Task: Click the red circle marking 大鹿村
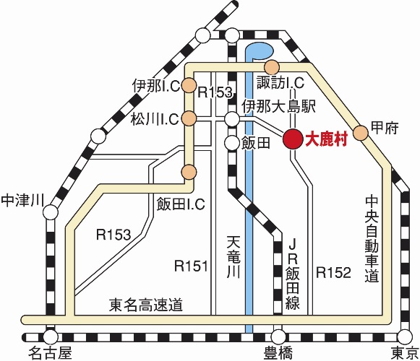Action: click(293, 139)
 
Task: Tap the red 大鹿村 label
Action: click(327, 139)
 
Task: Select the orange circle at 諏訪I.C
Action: click(272, 67)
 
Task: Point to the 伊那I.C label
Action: click(156, 86)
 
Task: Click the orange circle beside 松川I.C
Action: click(189, 118)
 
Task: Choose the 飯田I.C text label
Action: click(181, 204)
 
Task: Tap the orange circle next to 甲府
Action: click(361, 133)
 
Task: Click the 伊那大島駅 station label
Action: click(279, 107)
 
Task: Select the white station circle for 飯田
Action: click(232, 143)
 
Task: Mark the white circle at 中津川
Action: click(51, 212)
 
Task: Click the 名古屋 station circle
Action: click(51, 336)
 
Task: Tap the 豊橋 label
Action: click(278, 353)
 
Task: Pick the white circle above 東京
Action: click(405, 337)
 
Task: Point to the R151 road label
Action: click(191, 266)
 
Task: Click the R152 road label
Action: click(333, 273)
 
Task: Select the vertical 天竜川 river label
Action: click(233, 256)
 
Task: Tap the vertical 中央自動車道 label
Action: click(372, 239)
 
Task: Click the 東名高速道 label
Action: click(146, 305)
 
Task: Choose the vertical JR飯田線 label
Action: click(293, 274)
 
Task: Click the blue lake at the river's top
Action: click(260, 51)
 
